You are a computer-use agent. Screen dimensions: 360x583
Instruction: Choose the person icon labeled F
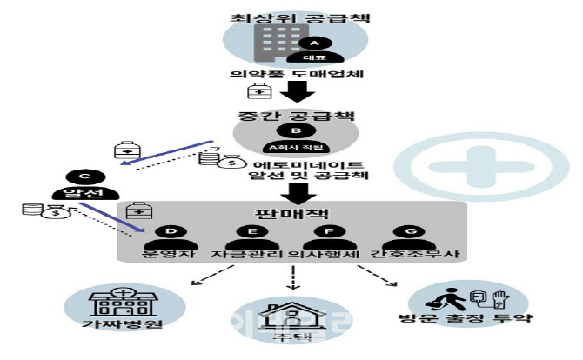(x=327, y=238)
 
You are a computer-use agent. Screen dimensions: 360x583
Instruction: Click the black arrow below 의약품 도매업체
(x=292, y=93)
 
